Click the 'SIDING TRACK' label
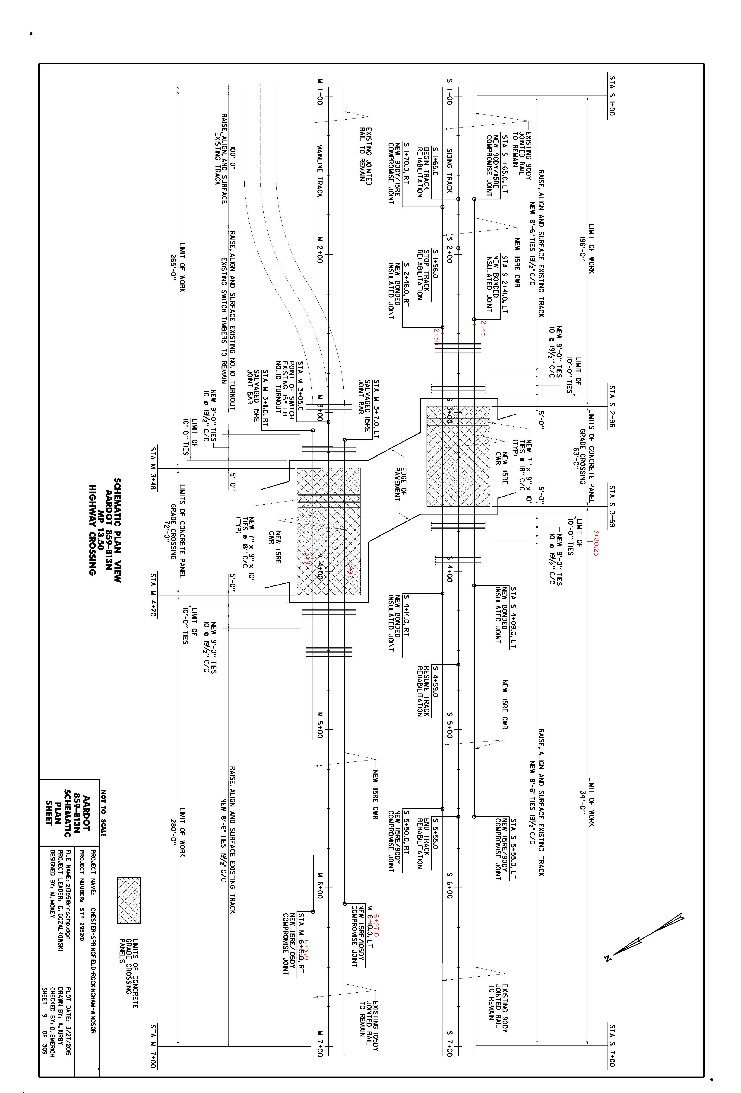click(x=449, y=171)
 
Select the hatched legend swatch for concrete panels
click(x=129, y=900)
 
